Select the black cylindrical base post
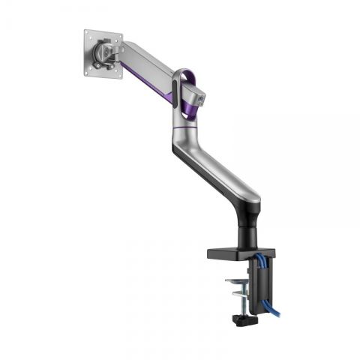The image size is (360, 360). coord(247,229)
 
